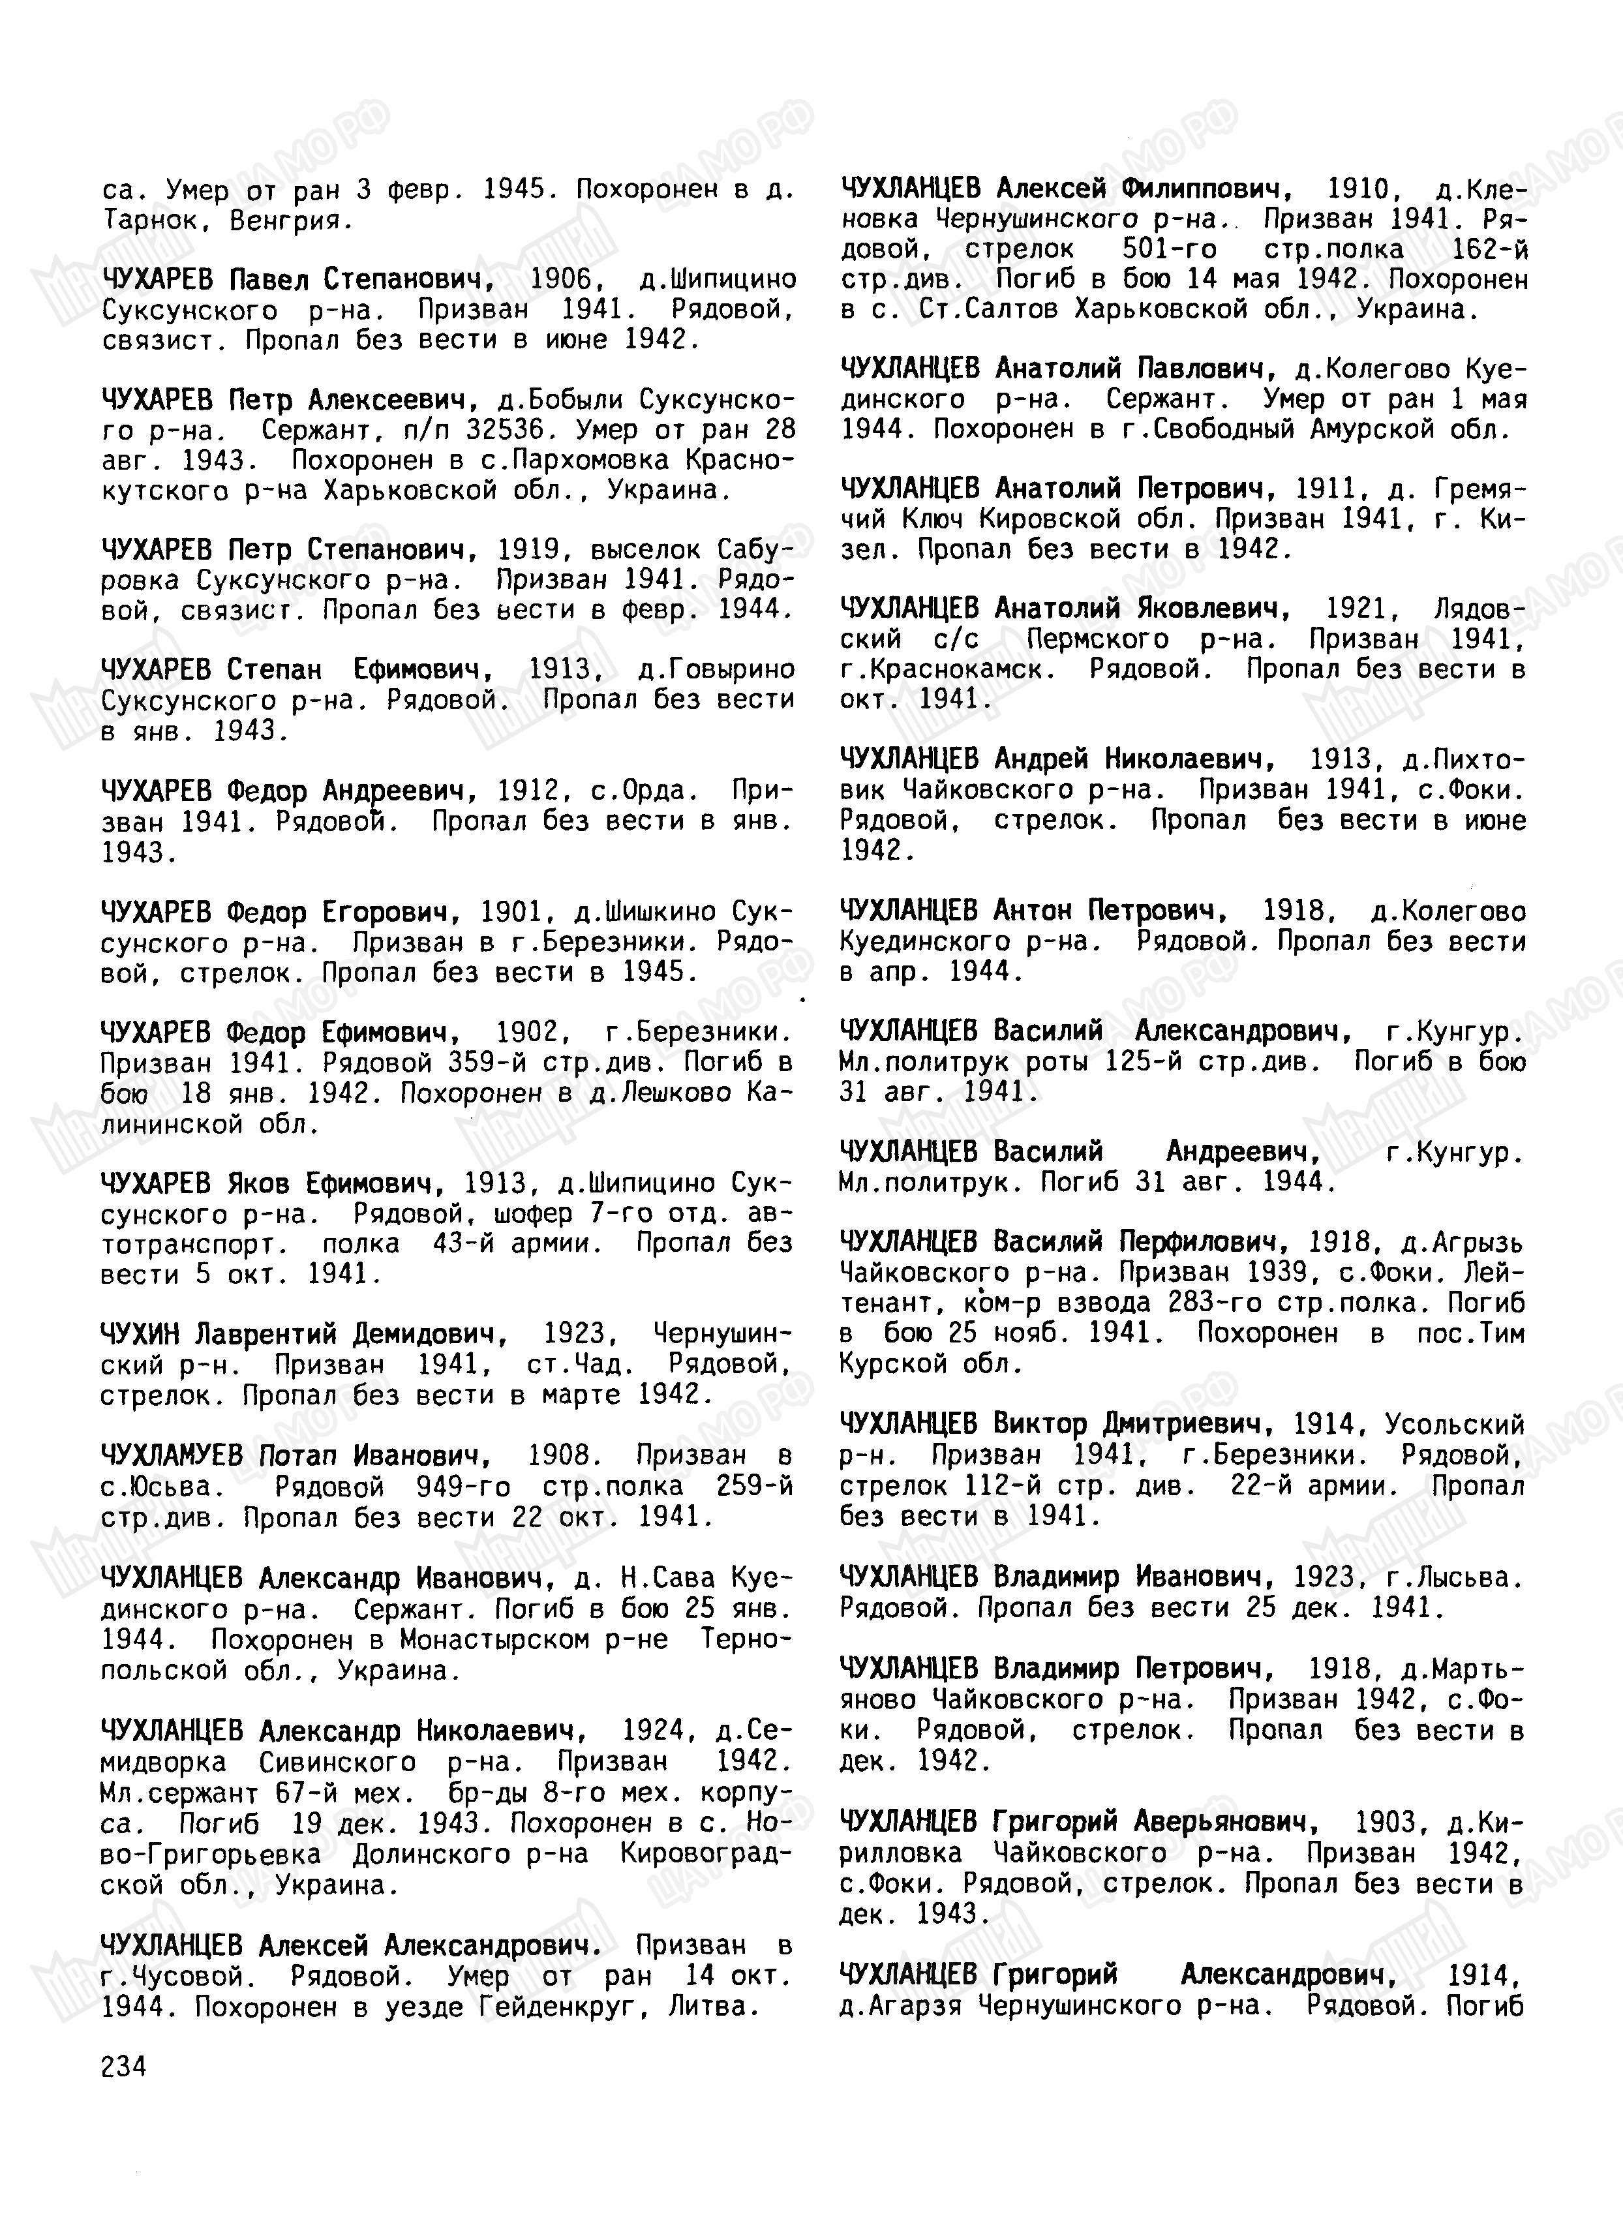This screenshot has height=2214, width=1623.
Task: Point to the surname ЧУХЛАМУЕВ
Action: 172,1455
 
